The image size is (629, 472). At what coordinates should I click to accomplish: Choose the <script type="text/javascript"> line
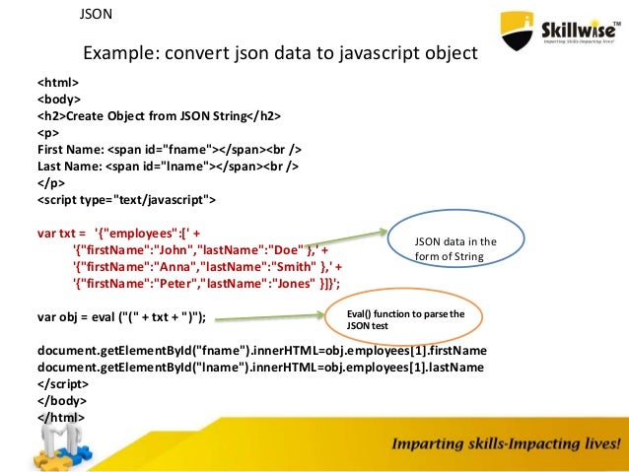click(x=126, y=200)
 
